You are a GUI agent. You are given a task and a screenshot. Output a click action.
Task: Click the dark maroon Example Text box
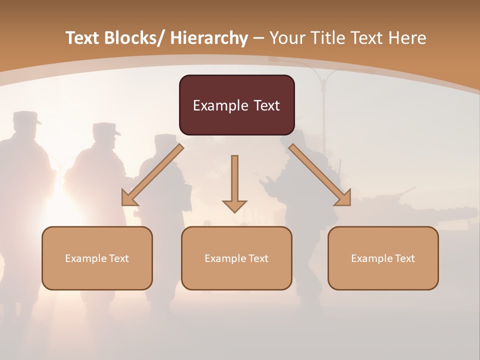click(x=236, y=105)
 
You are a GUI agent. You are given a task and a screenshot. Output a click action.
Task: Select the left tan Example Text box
click(x=97, y=258)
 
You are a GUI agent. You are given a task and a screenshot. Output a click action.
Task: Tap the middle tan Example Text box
click(x=236, y=258)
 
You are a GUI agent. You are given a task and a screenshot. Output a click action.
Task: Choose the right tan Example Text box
click(x=383, y=258)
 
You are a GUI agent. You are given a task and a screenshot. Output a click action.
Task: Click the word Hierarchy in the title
click(x=209, y=38)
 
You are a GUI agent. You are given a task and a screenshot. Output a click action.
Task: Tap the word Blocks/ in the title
click(x=136, y=38)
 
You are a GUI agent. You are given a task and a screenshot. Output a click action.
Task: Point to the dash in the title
click(x=258, y=38)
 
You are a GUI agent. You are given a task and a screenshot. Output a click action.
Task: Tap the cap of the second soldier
click(x=106, y=128)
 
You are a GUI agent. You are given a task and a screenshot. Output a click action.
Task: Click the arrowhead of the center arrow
click(x=234, y=205)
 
